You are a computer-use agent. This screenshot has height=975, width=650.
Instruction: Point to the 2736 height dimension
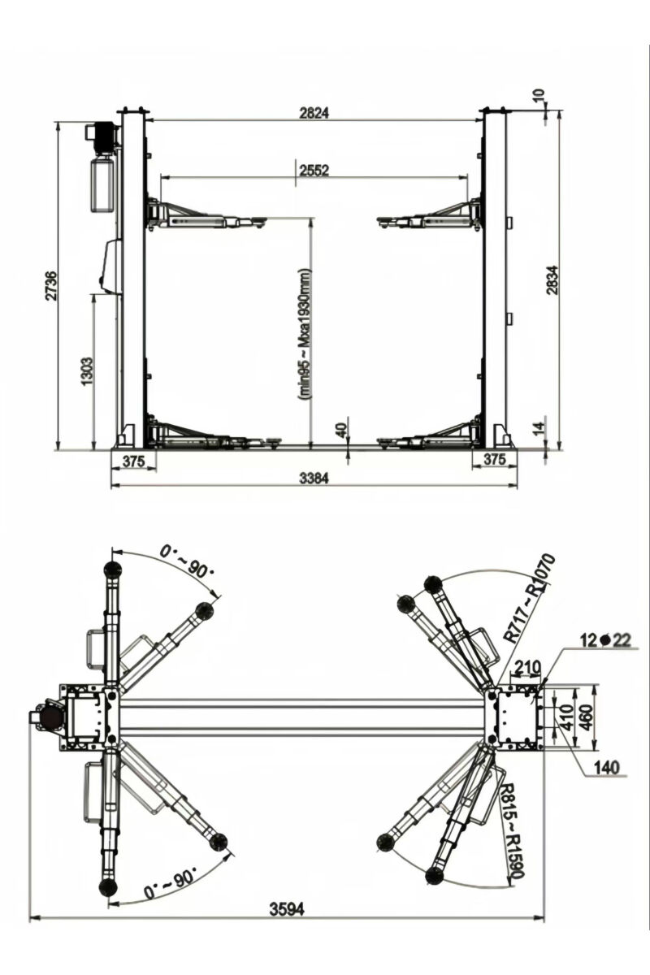point(50,285)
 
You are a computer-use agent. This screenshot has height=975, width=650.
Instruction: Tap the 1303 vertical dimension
point(88,371)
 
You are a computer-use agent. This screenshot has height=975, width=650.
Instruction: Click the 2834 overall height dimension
point(552,279)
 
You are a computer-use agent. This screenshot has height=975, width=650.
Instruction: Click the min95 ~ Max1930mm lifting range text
point(305,333)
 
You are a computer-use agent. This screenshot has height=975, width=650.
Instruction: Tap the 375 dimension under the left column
point(132,461)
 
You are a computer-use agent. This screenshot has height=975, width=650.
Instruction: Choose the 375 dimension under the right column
point(495,461)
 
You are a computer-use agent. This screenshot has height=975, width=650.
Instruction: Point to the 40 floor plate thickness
point(340,427)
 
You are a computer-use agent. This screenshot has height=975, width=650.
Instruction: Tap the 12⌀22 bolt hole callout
point(605,640)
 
